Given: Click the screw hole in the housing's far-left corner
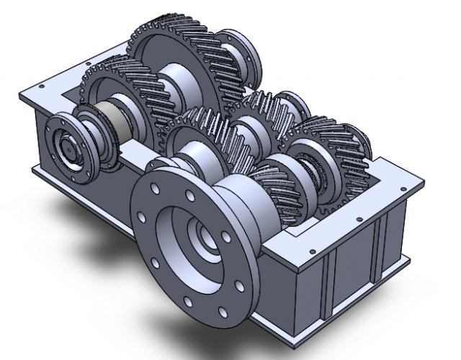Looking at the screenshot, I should pos(27,91).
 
